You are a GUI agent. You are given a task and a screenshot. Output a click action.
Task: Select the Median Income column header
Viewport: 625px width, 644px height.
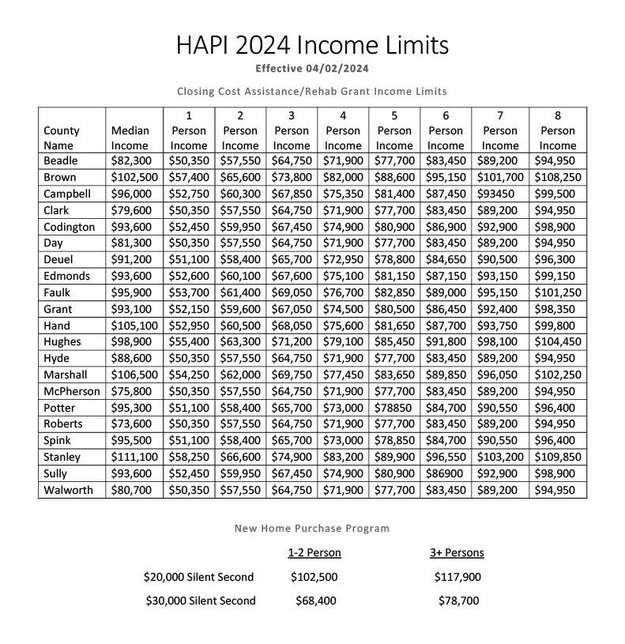pyautogui.click(x=130, y=137)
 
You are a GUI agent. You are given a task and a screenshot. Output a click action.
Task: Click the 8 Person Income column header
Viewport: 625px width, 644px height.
pyautogui.click(x=557, y=130)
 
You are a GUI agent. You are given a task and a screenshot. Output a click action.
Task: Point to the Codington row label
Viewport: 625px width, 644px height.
pyautogui.click(x=69, y=227)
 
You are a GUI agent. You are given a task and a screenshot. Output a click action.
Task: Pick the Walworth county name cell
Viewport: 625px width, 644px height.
pyautogui.click(x=68, y=490)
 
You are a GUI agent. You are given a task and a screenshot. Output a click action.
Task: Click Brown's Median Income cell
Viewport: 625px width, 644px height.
pyautogui.click(x=135, y=178)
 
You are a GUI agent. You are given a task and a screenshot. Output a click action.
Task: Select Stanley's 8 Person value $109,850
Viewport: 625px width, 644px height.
pyautogui.click(x=557, y=457)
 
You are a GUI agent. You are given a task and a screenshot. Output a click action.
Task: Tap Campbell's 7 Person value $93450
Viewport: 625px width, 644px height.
pyautogui.click(x=499, y=194)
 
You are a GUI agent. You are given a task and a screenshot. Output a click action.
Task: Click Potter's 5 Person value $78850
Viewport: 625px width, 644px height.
pyautogui.click(x=393, y=408)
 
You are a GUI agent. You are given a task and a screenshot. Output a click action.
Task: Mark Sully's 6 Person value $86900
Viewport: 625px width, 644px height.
pyautogui.click(x=446, y=473)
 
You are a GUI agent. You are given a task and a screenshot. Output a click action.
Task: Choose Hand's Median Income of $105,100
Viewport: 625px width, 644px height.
pyautogui.click(x=135, y=326)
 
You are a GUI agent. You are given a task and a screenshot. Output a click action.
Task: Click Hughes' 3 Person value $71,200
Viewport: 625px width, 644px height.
pyautogui.click(x=292, y=341)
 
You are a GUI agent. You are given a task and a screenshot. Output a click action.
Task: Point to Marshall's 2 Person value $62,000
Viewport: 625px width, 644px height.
pyautogui.click(x=239, y=375)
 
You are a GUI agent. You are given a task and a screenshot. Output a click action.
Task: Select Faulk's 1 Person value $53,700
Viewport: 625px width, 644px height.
pyautogui.click(x=189, y=292)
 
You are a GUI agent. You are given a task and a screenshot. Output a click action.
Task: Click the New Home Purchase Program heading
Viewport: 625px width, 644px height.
pyautogui.click(x=312, y=529)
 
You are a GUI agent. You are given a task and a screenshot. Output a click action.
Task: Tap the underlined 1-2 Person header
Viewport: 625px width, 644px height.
pyautogui.click(x=314, y=552)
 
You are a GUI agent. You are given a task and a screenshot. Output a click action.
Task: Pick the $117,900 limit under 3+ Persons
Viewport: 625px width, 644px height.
pyautogui.click(x=457, y=577)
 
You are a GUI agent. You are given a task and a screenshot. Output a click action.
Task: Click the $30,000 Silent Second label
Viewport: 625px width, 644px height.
pyautogui.click(x=201, y=601)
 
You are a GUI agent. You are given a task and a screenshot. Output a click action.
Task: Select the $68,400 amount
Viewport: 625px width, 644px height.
pyautogui.click(x=315, y=601)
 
